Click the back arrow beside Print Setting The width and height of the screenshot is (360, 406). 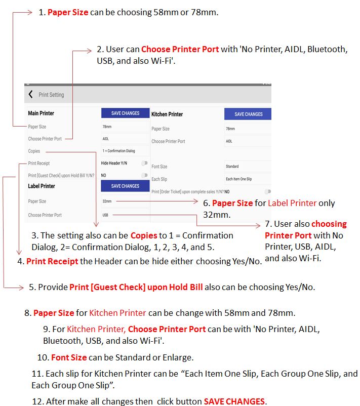coord(31,95)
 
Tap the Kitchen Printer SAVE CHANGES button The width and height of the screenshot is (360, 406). coord(248,114)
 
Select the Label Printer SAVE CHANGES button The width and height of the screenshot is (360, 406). coord(125,186)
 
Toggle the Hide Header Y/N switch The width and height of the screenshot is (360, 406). coord(145,163)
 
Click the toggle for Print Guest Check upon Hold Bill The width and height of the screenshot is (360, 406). coord(145,175)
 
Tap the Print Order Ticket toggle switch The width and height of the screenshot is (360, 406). coord(267,192)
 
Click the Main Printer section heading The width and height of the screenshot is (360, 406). coord(41,113)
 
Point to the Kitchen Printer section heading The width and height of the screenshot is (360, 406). coord(167,114)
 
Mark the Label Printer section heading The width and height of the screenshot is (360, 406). coord(42,186)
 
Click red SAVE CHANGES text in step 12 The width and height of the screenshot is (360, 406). coord(234,401)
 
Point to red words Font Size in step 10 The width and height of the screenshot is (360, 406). coord(69,357)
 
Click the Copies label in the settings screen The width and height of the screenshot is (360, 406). coord(34,151)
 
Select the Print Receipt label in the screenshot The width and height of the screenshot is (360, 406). coord(39,163)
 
